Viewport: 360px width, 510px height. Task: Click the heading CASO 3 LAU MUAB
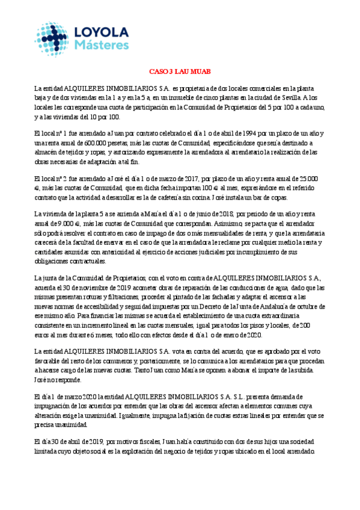180,70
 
